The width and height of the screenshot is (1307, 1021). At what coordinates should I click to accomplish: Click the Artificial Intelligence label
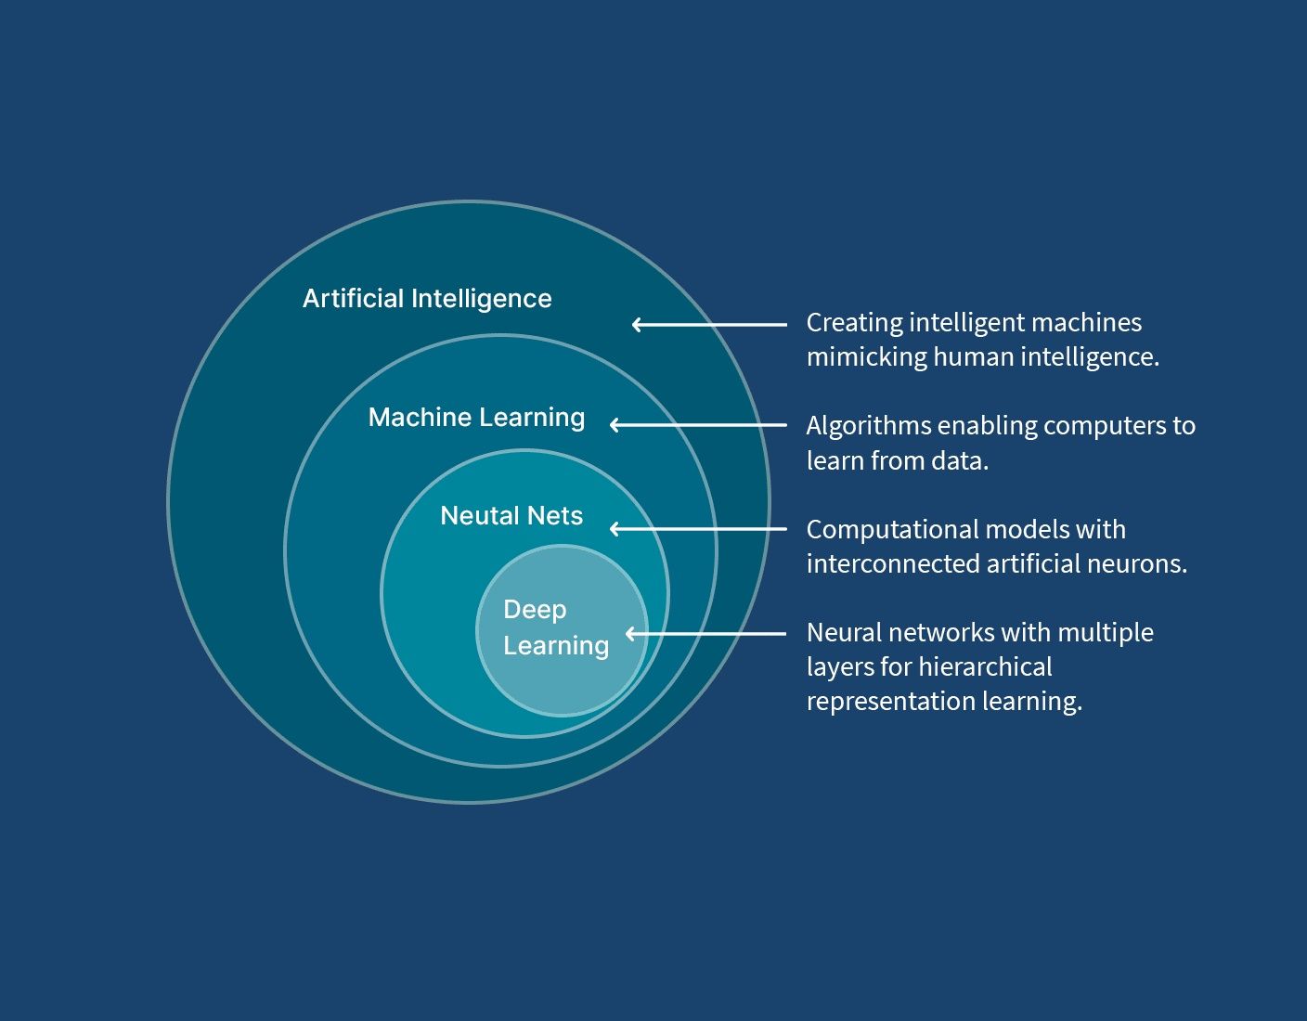pos(427,299)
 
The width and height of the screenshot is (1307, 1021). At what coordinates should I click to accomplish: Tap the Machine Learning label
pos(476,418)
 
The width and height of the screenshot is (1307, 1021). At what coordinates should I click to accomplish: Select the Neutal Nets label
pos(511,516)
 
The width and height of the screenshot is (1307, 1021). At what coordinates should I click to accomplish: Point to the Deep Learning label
pos(555,627)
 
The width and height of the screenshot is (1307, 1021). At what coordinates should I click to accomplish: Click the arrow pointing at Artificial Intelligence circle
pos(709,325)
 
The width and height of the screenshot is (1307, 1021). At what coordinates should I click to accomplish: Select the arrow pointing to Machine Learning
pos(698,425)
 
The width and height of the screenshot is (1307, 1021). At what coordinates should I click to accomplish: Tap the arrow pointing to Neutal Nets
pos(698,529)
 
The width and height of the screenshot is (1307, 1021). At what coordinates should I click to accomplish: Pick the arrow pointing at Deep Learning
pos(705,634)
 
